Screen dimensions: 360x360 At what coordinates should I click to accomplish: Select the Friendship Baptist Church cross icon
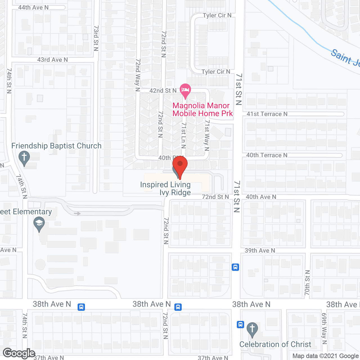point(24,158)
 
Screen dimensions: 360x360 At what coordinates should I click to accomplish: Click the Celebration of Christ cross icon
point(252,329)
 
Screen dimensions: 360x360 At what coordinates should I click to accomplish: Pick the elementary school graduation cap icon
point(39,224)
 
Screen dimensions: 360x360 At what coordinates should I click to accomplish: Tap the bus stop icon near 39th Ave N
point(235,267)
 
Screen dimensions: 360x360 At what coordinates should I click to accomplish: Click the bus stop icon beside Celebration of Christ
point(240,325)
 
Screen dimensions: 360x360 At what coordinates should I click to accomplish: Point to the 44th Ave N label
point(33,8)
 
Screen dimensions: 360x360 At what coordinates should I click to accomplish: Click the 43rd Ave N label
point(53,60)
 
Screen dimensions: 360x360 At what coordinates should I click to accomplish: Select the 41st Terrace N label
point(267,114)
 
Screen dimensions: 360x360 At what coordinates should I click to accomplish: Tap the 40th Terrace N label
point(267,155)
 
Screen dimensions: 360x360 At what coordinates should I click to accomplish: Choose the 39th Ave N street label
point(260,250)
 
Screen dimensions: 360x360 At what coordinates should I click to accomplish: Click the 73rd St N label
point(96,38)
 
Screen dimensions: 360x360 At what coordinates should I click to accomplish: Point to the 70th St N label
point(307,283)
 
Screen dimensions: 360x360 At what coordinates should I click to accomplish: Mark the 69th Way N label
point(324,328)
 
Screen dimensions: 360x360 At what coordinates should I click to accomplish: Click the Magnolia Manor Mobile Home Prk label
point(202,109)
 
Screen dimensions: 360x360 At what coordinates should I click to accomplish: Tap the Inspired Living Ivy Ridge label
point(165,188)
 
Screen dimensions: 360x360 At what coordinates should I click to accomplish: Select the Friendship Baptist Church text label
point(56,146)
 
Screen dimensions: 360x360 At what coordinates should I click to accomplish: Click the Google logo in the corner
point(19,353)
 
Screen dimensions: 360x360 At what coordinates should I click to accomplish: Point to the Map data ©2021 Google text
point(325,356)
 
